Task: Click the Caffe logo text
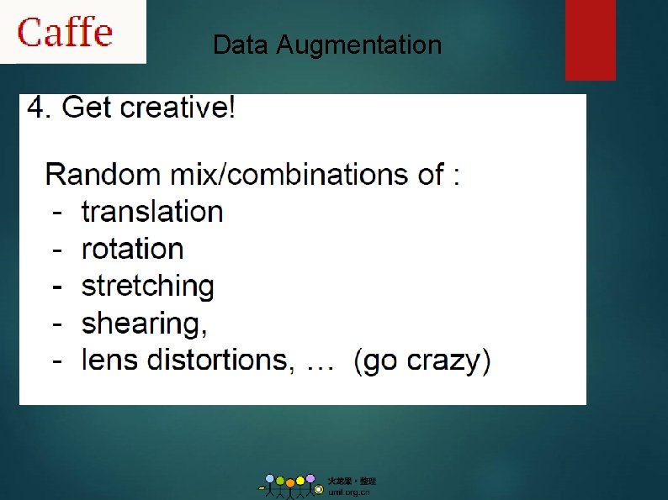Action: [x=66, y=32]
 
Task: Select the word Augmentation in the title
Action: [x=359, y=45]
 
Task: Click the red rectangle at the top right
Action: [x=590, y=39]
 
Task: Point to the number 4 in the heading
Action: [x=37, y=108]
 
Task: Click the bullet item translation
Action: [x=152, y=212]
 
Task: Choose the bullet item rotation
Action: [x=132, y=249]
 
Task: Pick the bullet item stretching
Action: [x=147, y=287]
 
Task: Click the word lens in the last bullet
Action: [x=110, y=361]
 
